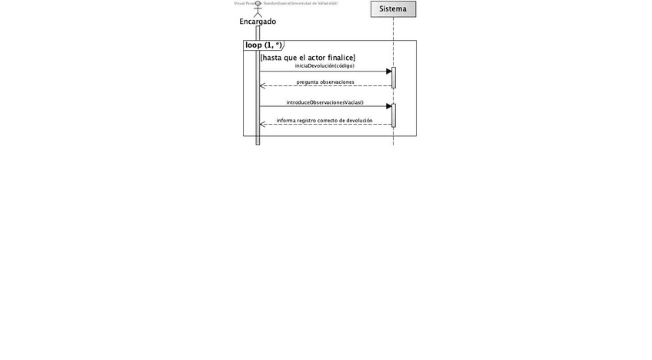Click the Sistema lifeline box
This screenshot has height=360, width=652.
pyautogui.click(x=393, y=8)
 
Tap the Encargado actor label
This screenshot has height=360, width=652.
pyautogui.click(x=258, y=22)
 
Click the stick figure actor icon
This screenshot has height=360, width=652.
pyautogui.click(x=258, y=10)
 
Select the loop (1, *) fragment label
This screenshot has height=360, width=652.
pyautogui.click(x=262, y=45)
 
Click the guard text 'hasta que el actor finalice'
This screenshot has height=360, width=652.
pyautogui.click(x=308, y=58)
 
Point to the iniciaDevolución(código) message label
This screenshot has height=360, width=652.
pyautogui.click(x=324, y=66)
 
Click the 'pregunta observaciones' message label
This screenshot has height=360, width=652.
pyautogui.click(x=325, y=82)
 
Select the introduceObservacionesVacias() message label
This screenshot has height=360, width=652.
pyautogui.click(x=324, y=102)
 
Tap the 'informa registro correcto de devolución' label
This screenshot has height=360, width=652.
pyautogui.click(x=324, y=121)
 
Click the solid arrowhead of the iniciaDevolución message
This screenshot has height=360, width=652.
pyautogui.click(x=388, y=72)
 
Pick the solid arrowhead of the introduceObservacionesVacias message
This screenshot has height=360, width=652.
pyautogui.click(x=388, y=106)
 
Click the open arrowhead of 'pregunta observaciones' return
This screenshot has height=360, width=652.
pyautogui.click(x=263, y=85)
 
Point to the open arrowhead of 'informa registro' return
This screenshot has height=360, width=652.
pyautogui.click(x=263, y=124)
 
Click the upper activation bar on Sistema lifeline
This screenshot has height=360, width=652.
pyautogui.click(x=393, y=78)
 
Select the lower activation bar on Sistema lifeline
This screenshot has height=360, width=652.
pyautogui.click(x=393, y=115)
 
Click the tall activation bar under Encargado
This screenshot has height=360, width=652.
pyautogui.click(x=258, y=92)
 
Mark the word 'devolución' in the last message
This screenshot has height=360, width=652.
pyautogui.click(x=359, y=121)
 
